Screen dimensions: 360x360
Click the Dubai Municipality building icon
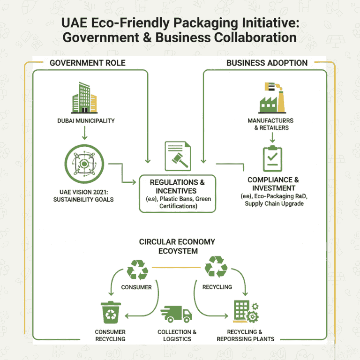pos(84,98)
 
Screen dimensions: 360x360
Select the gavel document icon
pos(177,156)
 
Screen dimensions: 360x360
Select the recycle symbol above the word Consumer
pos(137,270)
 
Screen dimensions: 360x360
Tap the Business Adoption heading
pos(267,63)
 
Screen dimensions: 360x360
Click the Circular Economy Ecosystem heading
pos(177,247)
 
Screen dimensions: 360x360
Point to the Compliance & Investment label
pos(273,184)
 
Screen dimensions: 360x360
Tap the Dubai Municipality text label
pos(85,120)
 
